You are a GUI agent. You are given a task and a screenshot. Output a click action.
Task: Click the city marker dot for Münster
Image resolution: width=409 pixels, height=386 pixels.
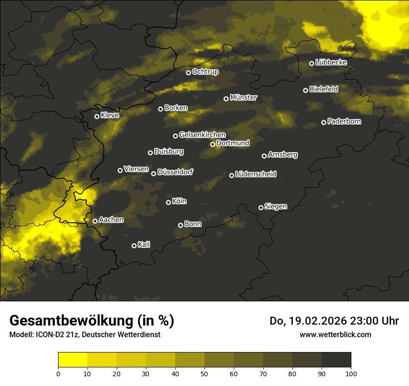coord(226,99)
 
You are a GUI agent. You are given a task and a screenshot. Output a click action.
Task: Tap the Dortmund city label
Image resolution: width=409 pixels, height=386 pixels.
coord(233,143)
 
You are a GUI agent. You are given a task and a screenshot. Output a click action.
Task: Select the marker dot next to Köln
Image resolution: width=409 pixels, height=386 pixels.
coord(168,202)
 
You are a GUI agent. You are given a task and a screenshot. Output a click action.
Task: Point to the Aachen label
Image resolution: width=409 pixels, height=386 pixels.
coord(111,220)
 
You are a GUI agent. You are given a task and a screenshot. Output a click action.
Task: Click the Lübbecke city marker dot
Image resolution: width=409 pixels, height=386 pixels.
coord(311,63)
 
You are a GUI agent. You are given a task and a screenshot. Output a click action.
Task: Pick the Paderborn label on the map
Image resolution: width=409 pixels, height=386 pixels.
coord(344,121)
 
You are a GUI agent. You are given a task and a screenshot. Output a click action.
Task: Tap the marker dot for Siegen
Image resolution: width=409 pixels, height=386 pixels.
coord(261,207)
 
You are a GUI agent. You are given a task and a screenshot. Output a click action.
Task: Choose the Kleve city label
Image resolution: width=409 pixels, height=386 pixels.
coord(110,115)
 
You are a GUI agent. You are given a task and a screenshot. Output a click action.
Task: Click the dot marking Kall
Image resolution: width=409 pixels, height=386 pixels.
coord(134,246)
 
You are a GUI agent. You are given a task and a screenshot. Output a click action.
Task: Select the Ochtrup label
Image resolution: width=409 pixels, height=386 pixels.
coord(205,72)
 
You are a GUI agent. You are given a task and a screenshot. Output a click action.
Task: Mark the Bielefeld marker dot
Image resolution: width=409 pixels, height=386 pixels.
coord(305,90)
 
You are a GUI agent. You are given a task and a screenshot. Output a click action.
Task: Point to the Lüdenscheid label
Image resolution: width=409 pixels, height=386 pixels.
coord(256,174)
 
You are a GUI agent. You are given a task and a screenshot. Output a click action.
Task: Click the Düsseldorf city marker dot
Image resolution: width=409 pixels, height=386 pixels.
coord(153,173)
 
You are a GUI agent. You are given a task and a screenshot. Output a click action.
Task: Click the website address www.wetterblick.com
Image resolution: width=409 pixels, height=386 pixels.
coord(335,334)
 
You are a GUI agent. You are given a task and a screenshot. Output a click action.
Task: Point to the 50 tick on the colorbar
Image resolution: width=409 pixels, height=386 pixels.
coord(204,373)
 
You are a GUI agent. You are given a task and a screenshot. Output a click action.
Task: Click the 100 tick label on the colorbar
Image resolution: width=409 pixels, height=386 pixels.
coord(351,373)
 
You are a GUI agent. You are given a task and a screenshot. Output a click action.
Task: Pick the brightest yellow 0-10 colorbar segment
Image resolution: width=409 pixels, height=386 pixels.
coord(73,360)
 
